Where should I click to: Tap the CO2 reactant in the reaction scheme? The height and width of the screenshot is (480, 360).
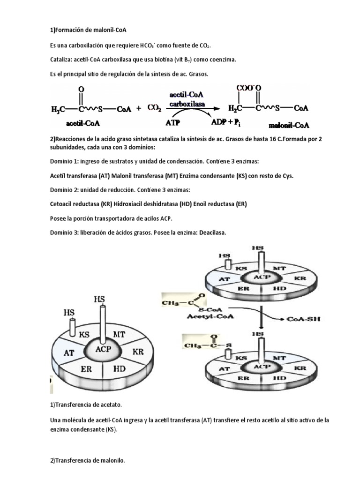tap(155, 108)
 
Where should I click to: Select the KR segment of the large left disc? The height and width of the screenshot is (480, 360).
tap(138, 351)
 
